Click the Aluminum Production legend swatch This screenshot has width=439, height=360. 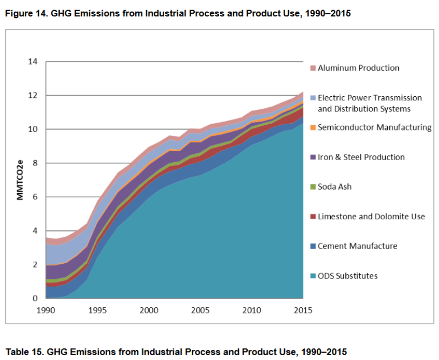pyautogui.click(x=313, y=68)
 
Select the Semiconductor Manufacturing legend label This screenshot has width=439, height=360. pyautogui.click(x=374, y=127)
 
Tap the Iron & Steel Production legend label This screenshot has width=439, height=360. pyautogui.click(x=361, y=157)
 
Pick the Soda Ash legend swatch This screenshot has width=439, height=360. pyautogui.click(x=313, y=187)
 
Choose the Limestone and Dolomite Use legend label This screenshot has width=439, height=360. pyautogui.click(x=371, y=216)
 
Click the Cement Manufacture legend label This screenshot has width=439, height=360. pyautogui.click(x=357, y=246)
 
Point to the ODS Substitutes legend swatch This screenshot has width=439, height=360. pyautogui.click(x=313, y=276)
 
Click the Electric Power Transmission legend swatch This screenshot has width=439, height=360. pyautogui.click(x=313, y=98)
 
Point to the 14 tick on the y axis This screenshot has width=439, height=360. pyautogui.click(x=33, y=62)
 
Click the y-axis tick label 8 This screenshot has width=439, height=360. pyautogui.click(x=35, y=163)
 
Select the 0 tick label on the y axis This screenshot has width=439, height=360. pyautogui.click(x=35, y=299)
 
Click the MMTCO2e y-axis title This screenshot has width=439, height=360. pyautogui.click(x=20, y=180)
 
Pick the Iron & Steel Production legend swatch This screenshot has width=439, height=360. pyautogui.click(x=313, y=158)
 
